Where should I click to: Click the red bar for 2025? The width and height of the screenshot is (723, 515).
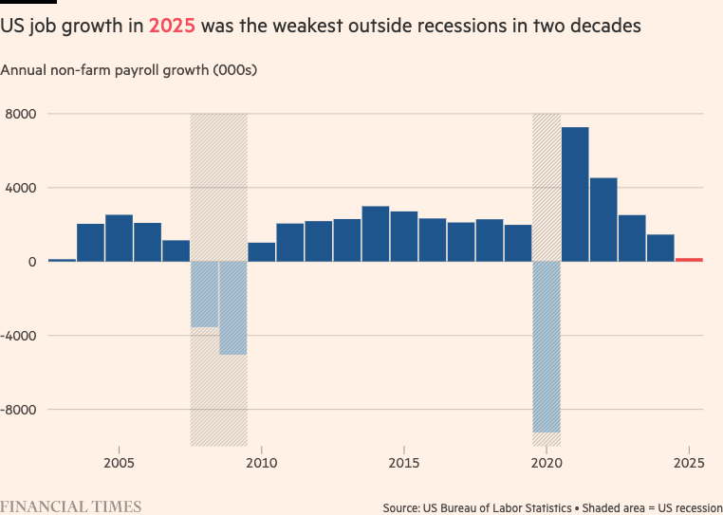coord(689,259)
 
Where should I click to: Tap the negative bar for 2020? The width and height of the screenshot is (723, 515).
coord(547,346)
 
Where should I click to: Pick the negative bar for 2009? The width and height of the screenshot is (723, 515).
coord(233,307)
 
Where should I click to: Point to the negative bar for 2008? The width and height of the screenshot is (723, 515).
coord(205,294)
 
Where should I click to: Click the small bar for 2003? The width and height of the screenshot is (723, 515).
coord(62,260)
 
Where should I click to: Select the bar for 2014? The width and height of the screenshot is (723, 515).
coord(376,233)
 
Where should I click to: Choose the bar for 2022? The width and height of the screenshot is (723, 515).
coord(603,219)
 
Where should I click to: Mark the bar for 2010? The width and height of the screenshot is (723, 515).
coord(262,251)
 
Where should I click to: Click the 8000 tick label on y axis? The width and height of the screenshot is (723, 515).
coord(22,114)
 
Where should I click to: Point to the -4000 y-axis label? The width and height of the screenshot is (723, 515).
coord(20,336)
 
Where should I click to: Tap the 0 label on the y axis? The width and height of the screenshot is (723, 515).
coord(31,262)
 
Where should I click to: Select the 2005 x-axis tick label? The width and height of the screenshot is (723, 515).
coord(119,463)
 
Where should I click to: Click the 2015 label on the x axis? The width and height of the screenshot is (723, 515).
coord(404,463)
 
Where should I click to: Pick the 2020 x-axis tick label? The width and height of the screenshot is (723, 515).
coord(547,463)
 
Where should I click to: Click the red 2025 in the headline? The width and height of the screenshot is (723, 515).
coord(172,26)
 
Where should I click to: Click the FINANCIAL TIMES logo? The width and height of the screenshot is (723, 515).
coord(71,506)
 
